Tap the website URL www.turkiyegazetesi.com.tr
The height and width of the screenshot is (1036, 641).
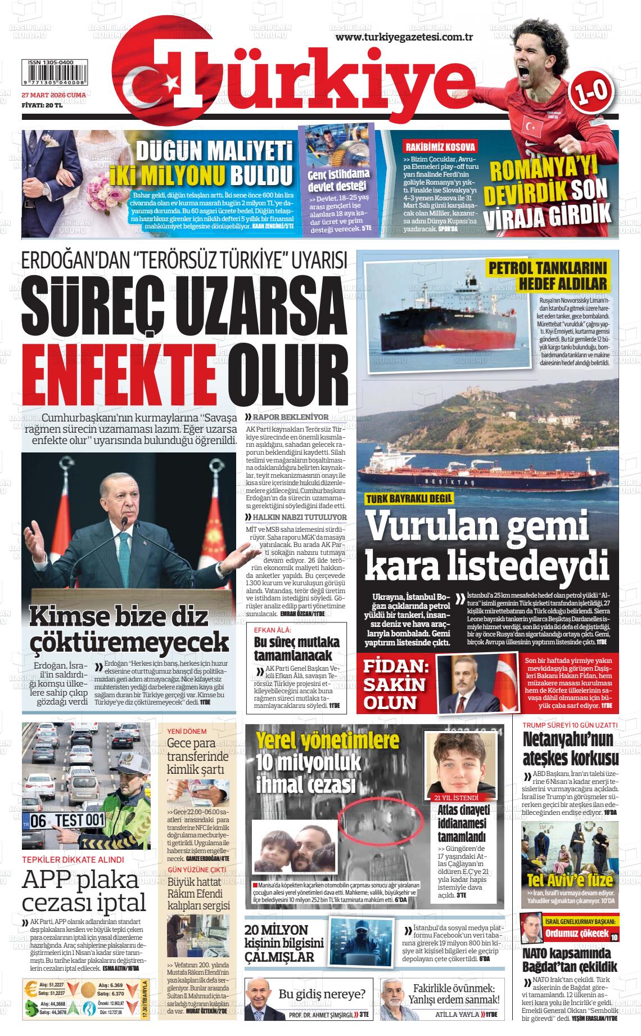pos(404,37)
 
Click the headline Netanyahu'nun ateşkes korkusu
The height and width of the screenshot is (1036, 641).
pos(571,748)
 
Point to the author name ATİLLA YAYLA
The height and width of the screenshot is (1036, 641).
pos(457,1015)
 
